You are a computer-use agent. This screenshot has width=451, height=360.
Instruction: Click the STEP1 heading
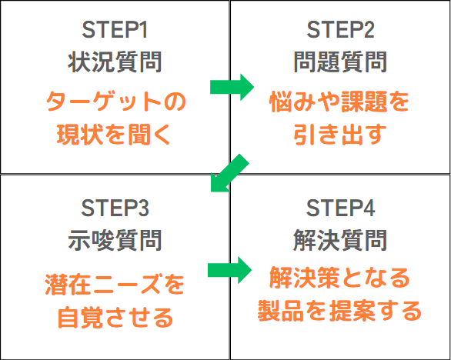115,29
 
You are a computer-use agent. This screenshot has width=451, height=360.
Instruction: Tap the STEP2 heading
340,29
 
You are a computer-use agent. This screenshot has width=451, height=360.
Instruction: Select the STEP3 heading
115,208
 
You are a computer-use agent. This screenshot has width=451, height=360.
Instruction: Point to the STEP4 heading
340,208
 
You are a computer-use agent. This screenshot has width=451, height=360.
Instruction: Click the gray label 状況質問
115,62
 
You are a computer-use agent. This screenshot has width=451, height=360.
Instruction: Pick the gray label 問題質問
340,62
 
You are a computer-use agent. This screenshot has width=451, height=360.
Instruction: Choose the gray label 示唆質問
115,240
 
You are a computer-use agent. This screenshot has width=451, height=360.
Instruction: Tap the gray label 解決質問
340,240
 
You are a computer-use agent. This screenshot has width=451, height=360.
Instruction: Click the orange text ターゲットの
115,102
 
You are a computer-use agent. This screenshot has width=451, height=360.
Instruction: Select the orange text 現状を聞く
114,135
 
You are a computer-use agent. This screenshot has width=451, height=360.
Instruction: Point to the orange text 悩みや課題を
339,102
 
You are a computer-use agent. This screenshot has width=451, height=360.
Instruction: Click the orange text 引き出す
339,135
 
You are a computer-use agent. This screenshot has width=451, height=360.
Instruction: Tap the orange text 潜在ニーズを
115,284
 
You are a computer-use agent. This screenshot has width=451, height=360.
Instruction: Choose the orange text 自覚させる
115,317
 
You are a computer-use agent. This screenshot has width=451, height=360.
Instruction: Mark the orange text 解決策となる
339,278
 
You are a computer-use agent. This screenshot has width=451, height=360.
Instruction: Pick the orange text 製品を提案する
339,311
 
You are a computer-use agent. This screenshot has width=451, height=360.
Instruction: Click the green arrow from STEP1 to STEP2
232,87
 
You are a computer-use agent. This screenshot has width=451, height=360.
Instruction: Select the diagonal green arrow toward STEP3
229,173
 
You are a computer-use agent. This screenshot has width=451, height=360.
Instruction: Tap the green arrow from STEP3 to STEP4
229,270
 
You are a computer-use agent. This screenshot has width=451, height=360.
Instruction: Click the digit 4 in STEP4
369,208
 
